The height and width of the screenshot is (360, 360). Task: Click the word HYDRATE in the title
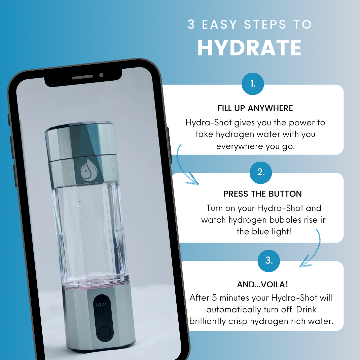pos(249,48)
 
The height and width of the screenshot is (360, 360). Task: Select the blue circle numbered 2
pos(260,172)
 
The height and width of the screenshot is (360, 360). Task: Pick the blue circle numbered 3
pos(269,260)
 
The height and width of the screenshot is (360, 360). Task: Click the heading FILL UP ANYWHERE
pos(255,108)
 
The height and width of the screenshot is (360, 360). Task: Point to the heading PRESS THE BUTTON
pos(262,194)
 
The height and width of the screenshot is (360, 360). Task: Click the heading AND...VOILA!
pos(262,284)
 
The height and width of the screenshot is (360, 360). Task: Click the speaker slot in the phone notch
pos(82,77)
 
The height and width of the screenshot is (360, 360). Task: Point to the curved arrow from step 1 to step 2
pos(185,167)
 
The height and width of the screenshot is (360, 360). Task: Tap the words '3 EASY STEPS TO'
pos(250,25)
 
